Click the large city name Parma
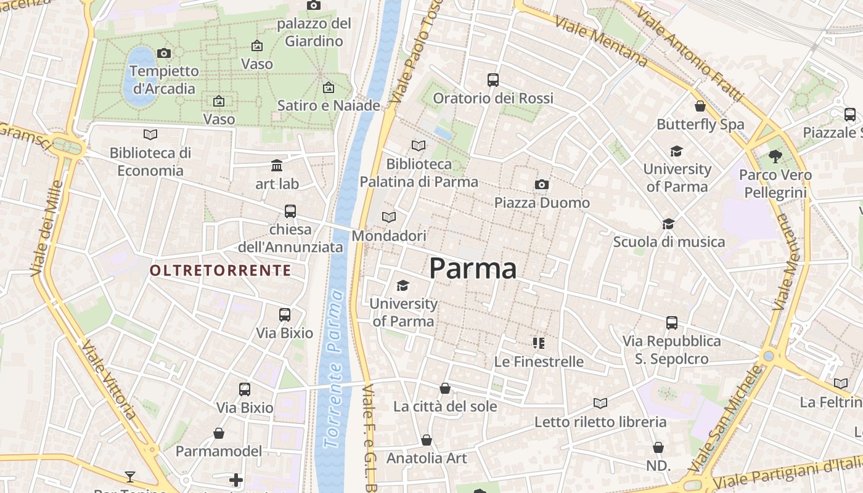pos(473,269)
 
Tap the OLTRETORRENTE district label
pos(220,270)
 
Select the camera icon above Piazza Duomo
pos(542,184)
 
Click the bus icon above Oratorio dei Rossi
pos(493,79)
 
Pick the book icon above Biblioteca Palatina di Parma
pos(419,145)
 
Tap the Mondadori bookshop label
pos(389,236)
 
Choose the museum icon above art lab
pos(277,165)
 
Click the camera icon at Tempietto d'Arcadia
pos(164,53)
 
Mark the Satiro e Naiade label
pos(329,105)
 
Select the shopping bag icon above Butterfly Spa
pos(700,106)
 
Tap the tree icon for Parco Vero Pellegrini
pos(775,157)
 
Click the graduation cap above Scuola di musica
pos(669,224)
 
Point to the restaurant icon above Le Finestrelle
pos(539,343)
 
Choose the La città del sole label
pos(445,407)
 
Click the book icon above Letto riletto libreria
pos(600,403)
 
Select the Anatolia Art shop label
pos(427,458)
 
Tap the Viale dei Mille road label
pos(47,228)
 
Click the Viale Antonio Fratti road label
pos(690,55)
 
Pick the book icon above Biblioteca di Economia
pos(150,134)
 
